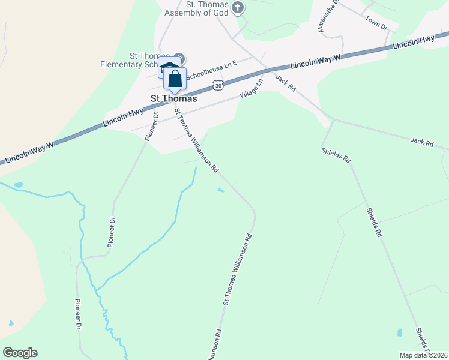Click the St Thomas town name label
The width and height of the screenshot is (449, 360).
point(173,99)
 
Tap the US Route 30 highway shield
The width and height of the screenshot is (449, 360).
point(218,86)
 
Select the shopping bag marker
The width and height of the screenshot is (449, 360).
point(175,79)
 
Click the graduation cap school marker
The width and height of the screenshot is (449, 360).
point(168,67)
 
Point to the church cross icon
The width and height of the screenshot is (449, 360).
point(238,8)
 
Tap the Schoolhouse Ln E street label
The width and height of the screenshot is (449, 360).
point(212,70)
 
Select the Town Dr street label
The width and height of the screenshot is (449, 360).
point(376,22)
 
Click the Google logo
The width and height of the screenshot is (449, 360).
point(20,353)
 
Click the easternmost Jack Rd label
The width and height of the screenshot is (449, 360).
point(421,142)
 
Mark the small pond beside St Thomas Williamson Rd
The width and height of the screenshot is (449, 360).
point(221,191)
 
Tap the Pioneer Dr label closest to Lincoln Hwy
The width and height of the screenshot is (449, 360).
point(151,126)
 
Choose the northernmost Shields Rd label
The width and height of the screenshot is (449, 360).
point(336,155)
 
